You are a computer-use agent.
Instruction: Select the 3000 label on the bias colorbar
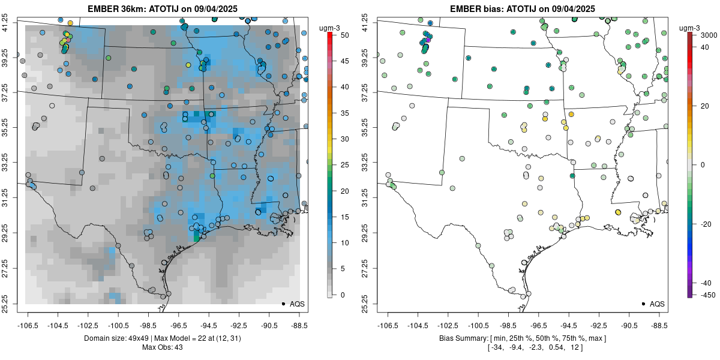tap(703, 36)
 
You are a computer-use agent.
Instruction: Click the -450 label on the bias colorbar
tap(704, 295)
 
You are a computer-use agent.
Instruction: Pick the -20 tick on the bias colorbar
tap(703, 224)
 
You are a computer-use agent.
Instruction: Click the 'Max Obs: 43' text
tap(162, 347)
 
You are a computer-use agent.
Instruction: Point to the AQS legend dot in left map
tap(283, 304)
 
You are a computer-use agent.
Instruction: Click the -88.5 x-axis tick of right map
tap(659, 325)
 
